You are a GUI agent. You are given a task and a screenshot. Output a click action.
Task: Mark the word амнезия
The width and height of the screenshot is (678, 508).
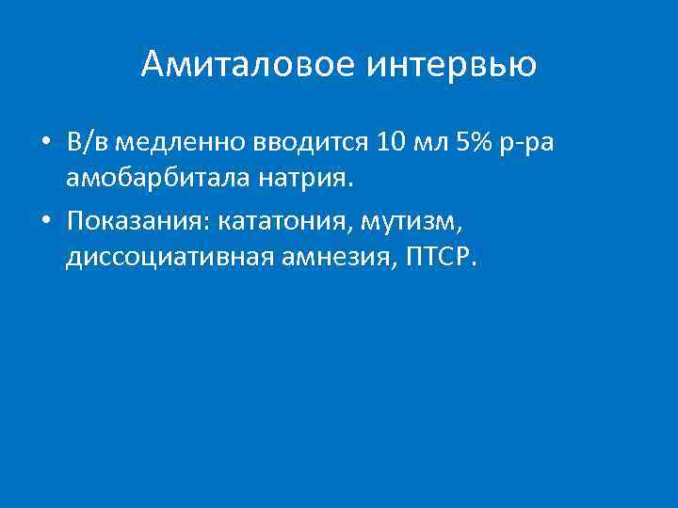[x=324, y=255]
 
